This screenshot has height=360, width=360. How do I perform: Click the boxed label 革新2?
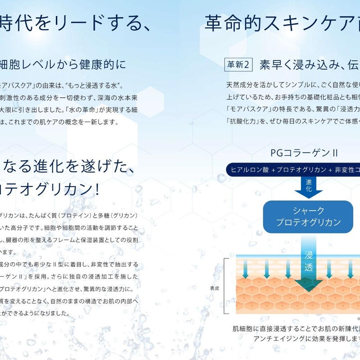(238, 65)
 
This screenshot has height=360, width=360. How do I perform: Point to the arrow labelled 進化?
(308, 185)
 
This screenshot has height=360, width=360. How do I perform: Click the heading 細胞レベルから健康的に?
(63, 65)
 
